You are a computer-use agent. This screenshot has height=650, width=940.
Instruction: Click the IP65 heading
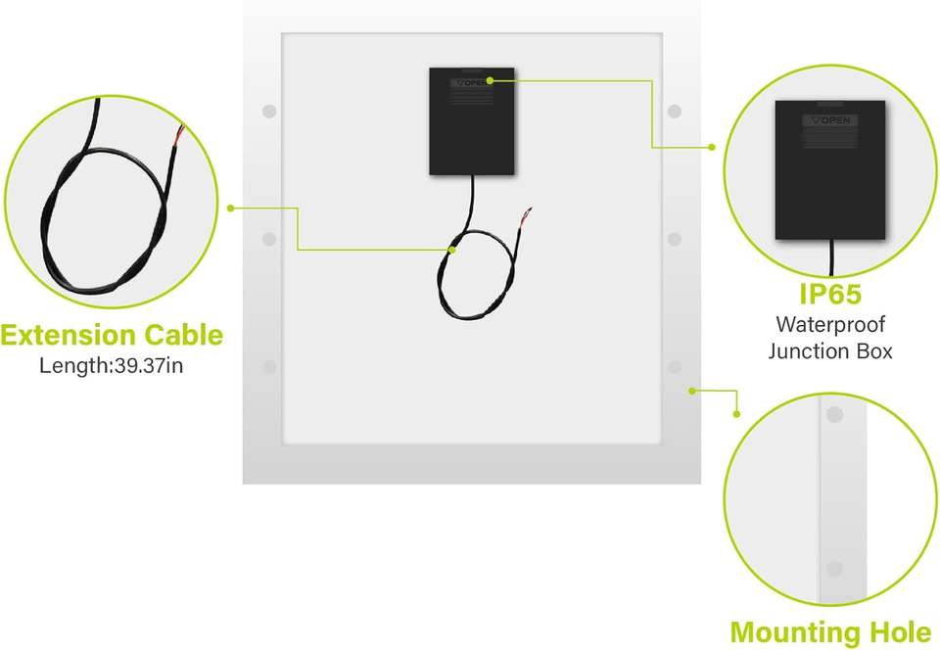pyautogui.click(x=829, y=294)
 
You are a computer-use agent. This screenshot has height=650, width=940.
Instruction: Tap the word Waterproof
pyautogui.click(x=829, y=324)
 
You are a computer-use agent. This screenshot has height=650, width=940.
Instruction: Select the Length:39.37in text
pyautogui.click(x=111, y=366)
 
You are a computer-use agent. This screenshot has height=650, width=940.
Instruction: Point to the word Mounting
pyautogui.click(x=794, y=631)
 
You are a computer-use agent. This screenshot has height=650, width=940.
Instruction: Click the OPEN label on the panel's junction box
pyautogui.click(x=472, y=83)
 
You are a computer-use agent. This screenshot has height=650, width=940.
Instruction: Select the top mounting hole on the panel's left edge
pyautogui.click(x=269, y=112)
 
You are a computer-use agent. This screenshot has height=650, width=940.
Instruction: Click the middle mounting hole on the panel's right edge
pyautogui.click(x=675, y=239)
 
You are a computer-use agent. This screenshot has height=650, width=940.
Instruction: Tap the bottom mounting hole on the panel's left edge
pyautogui.click(x=269, y=367)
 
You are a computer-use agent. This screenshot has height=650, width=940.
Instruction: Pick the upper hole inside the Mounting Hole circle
pyautogui.click(x=834, y=415)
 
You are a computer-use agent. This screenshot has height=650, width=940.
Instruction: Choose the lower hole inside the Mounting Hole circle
pyautogui.click(x=834, y=569)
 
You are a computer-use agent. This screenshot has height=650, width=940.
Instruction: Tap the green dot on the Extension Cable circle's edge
pyautogui.click(x=230, y=208)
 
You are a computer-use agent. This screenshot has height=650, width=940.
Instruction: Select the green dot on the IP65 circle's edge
pyautogui.click(x=712, y=148)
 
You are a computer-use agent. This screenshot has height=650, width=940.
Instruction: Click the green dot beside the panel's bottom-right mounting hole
pyautogui.click(x=692, y=390)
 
